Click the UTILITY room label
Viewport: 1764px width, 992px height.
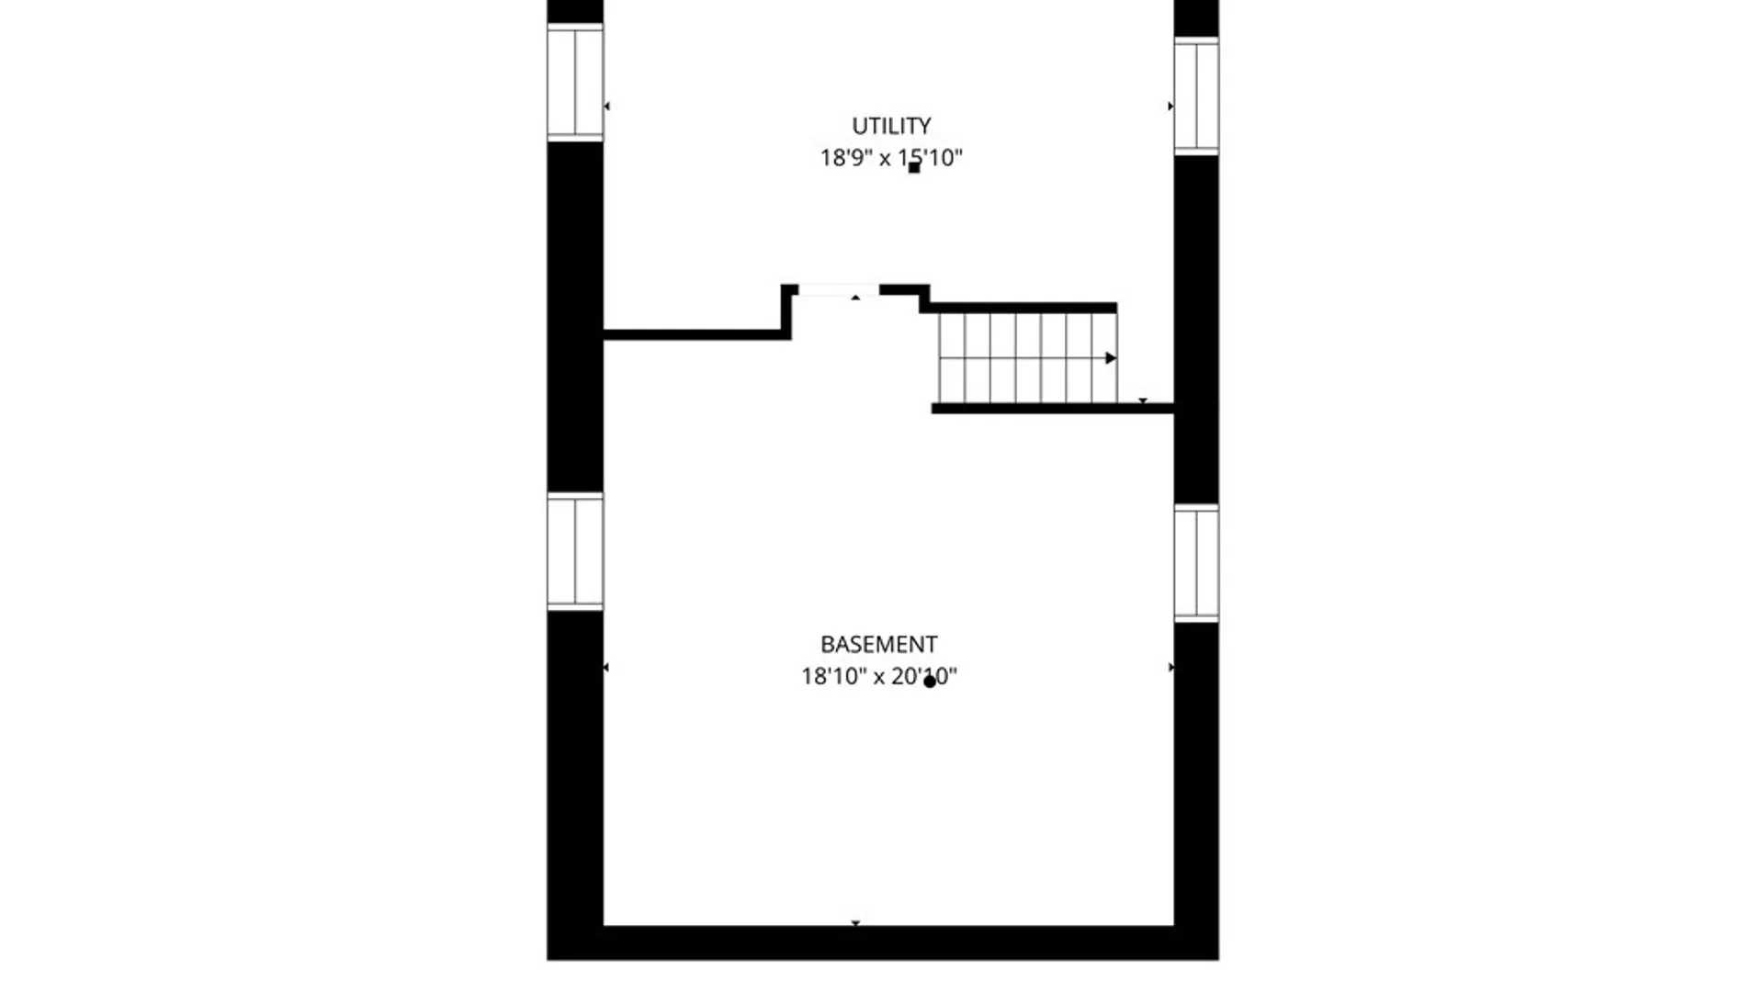891,126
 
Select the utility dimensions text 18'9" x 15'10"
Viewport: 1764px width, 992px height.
891,158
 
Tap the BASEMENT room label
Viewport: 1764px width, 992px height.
879,644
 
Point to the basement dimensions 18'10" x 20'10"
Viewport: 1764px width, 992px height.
879,677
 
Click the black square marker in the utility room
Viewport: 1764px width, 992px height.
914,167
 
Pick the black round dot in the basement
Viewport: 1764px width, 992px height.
930,682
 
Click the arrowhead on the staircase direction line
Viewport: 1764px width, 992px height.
1111,357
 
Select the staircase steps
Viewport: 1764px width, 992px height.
1028,358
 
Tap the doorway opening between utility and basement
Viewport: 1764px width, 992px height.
839,290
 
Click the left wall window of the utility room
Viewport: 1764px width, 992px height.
575,83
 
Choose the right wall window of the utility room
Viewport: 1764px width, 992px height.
1196,96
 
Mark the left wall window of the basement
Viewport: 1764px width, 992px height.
575,551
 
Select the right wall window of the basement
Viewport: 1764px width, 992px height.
1196,562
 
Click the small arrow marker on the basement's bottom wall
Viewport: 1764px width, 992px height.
855,922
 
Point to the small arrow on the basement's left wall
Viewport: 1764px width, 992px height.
605,667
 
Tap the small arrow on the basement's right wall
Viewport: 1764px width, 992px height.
1170,667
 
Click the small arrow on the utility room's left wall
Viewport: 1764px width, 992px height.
606,107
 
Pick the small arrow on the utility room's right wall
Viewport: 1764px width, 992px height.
1170,107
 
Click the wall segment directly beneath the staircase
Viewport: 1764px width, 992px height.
1053,409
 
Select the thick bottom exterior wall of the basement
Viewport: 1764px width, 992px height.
883,943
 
